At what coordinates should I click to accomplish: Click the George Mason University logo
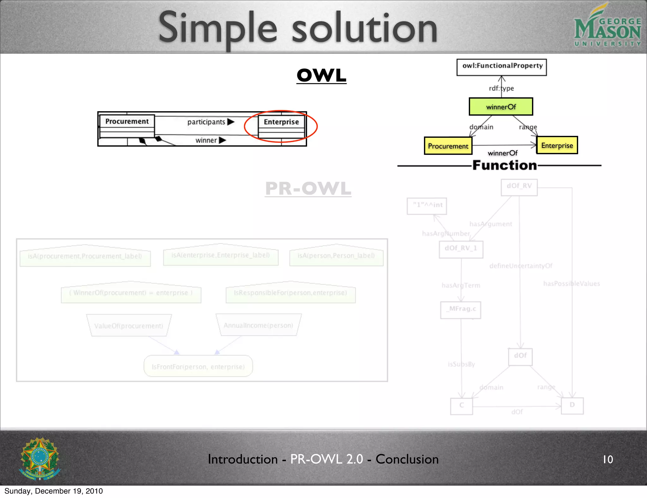[607, 26]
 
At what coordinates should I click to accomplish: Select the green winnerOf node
[501, 107]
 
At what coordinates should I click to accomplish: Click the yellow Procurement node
[448, 146]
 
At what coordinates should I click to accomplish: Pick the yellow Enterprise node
[557, 145]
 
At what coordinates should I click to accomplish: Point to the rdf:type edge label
[501, 88]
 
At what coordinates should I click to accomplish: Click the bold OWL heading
[321, 76]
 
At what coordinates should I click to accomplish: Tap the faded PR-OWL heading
[308, 189]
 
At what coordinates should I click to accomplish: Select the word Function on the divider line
[505, 165]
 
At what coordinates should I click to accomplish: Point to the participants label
[206, 122]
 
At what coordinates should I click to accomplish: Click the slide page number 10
[608, 459]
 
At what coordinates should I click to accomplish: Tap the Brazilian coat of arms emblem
[40, 459]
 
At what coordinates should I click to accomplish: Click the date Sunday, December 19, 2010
[54, 491]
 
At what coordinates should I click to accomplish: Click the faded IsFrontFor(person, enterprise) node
[198, 367]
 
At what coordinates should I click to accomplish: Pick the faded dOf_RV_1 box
[461, 248]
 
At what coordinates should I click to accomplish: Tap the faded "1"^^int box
[427, 205]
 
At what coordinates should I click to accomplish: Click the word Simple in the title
[218, 28]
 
